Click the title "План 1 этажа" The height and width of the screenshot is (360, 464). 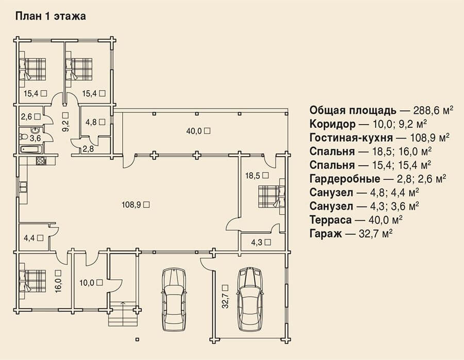click(51, 16)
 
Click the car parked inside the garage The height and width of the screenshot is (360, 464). click(251, 299)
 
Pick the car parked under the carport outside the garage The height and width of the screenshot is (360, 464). click(175, 299)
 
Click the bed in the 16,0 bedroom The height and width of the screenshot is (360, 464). click(32, 281)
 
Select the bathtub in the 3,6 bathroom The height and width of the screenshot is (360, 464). click(31, 149)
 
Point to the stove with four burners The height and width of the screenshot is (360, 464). click(41, 161)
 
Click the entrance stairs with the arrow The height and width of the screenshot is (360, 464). click(123, 313)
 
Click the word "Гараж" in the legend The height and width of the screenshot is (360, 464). click(326, 233)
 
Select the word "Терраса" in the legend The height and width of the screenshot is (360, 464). click(331, 220)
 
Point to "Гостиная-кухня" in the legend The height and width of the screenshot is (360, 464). click(351, 138)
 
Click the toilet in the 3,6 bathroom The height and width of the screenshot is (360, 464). click(23, 137)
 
